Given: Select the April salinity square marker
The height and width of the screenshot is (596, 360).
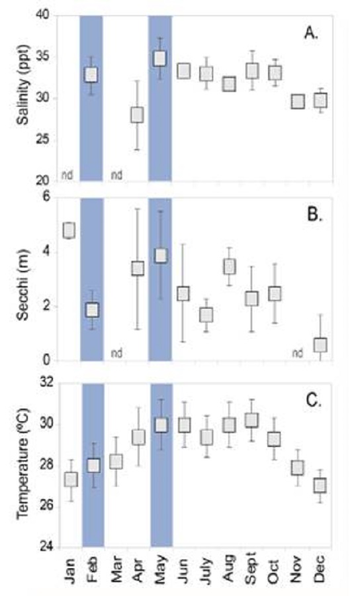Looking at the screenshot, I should point(137,115).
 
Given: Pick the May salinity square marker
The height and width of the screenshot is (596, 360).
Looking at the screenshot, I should point(160,58).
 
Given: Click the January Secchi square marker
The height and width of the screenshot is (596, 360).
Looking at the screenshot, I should point(69,230).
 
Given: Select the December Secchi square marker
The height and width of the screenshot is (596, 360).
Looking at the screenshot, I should point(320,345).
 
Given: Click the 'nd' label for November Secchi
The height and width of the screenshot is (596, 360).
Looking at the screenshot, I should point(298,353).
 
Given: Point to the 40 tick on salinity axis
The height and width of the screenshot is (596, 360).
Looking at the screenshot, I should point(44,16).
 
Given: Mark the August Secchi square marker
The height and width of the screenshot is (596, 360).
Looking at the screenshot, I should point(229,266).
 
